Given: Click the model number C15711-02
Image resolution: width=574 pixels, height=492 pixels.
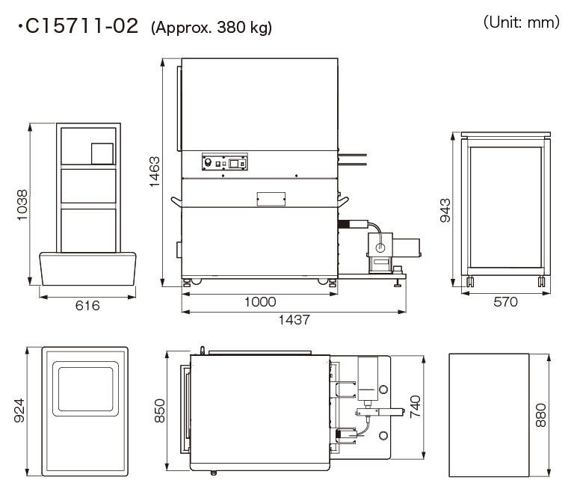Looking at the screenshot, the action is pos(81,26).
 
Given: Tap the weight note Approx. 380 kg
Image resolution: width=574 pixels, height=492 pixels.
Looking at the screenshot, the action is pos(212,28).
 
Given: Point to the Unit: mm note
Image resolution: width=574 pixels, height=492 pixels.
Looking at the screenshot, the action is pos(521,22).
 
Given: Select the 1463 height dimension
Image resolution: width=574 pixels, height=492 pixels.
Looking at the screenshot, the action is pos(155,171).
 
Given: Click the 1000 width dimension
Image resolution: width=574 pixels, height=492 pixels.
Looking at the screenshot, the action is pos(260,302).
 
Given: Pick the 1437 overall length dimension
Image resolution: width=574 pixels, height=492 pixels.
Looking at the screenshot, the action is pos(294,320).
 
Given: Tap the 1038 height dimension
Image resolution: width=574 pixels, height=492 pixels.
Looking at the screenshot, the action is pos(22,205).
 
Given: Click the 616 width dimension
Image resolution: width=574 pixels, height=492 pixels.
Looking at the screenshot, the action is pos(87,306).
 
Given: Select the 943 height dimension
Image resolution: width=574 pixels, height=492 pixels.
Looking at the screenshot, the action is pos(445,210).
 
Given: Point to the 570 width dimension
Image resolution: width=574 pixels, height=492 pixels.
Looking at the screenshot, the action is pos(505,302).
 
